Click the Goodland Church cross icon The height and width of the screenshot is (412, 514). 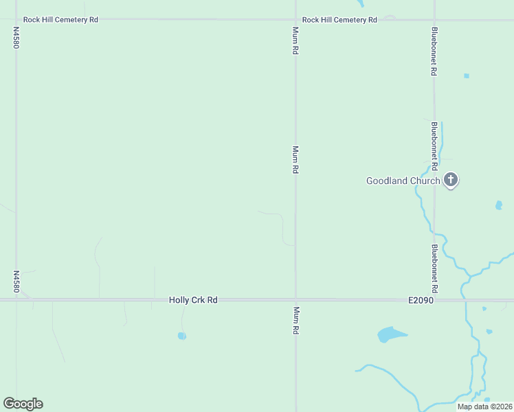tap(451, 181)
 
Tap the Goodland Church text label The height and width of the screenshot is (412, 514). tap(403, 181)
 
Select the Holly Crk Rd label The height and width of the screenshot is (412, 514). tap(193, 300)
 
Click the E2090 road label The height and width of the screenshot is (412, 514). tap(420, 300)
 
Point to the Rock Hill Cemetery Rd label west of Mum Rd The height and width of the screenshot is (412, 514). tap(60, 20)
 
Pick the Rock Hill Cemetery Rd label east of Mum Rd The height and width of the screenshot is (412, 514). tap(339, 20)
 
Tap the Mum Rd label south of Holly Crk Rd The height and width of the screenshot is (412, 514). tap(296, 321)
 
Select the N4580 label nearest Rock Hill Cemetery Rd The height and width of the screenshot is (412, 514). tap(16, 38)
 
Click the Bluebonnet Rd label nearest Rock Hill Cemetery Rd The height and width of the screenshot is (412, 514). tap(434, 51)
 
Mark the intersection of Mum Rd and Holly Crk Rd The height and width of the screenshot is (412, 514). tap(296, 300)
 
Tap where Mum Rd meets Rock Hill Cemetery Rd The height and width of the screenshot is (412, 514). tap(296, 20)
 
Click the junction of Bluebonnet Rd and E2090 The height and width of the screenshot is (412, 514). tap(434, 300)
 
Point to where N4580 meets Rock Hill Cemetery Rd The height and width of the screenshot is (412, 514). tap(16, 20)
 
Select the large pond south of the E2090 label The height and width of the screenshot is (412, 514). tap(391, 335)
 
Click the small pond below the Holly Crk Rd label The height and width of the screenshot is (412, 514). tap(181, 336)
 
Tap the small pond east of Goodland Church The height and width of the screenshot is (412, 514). tap(498, 205)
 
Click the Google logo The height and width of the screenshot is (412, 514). tap(23, 404)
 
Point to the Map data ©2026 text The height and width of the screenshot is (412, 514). tap(484, 407)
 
